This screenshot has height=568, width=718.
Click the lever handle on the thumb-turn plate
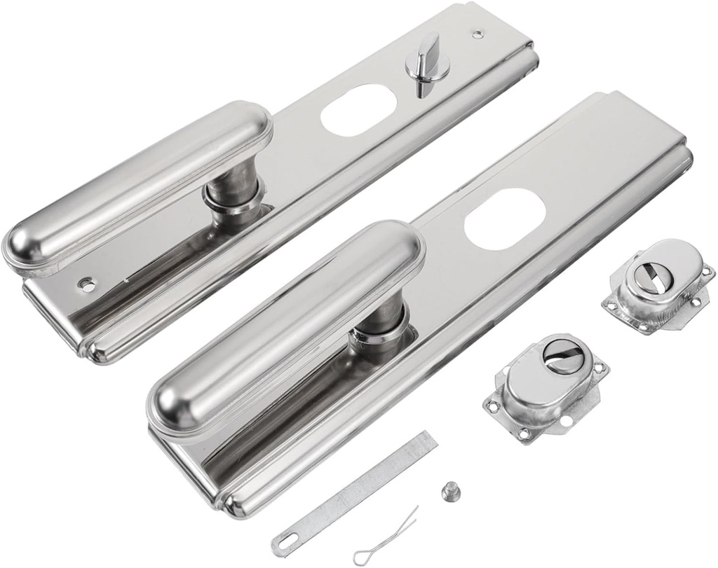[140, 186]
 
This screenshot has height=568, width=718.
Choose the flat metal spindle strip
[358, 490]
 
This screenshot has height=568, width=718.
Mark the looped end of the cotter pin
[362, 557]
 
